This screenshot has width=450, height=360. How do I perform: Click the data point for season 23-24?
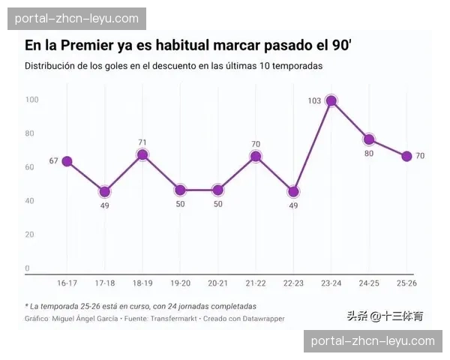pos(331,101)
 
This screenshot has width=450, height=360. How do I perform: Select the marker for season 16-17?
pos(67,161)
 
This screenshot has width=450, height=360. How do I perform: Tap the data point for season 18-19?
pos(142,155)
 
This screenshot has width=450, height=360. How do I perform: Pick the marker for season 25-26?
pos(406,156)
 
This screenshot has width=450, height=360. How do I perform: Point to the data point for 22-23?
pos(293,192)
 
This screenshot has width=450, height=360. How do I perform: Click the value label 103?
pos(314,100)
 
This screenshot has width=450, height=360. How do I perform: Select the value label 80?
pos(369,154)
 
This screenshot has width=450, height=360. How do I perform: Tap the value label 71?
pos(142,142)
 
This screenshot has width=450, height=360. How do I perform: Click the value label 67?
pos(53,161)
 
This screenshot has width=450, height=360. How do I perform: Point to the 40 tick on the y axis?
pos(30,200)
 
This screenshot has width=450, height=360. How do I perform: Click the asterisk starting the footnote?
pos(27,306)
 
